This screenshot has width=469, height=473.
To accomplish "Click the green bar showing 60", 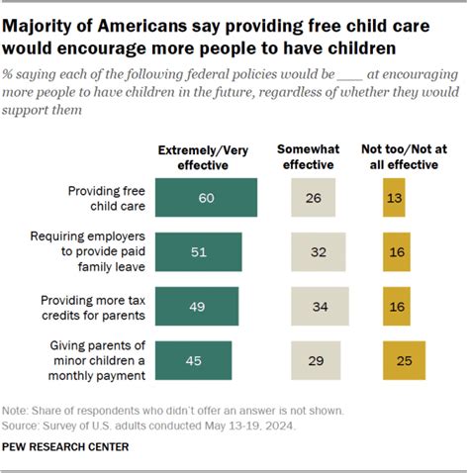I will (206, 197).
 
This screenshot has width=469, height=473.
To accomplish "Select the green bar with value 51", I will (199, 252).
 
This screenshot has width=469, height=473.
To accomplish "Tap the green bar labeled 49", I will (197, 307).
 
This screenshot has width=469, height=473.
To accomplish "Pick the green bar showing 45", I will (194, 361).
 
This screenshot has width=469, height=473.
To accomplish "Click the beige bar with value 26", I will (313, 197).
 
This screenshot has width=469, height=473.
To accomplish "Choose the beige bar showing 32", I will (318, 252).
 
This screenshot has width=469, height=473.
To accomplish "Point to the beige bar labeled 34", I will (320, 307).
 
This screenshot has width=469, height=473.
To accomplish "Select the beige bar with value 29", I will (315, 361).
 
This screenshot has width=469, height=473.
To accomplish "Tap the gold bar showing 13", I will (394, 197).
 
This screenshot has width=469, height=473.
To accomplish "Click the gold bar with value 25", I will (404, 361).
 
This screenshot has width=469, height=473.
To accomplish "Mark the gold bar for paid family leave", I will (396, 252).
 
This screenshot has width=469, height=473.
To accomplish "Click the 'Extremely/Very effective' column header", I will (205, 157).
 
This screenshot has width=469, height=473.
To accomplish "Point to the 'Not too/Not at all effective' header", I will (410, 157).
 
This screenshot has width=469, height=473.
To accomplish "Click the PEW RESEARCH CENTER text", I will (64, 447).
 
